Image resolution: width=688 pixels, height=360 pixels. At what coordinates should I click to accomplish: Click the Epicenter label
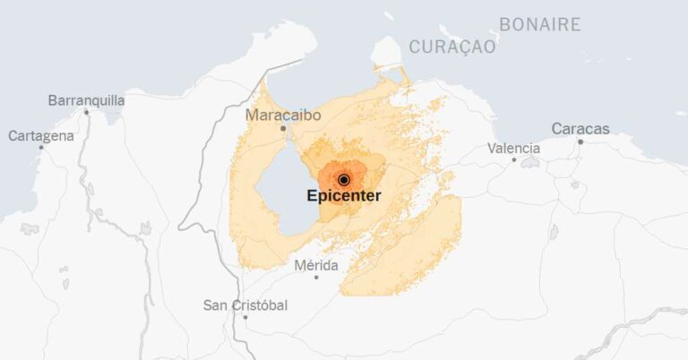344,196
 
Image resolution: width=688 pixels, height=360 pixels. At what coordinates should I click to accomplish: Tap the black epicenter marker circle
343,180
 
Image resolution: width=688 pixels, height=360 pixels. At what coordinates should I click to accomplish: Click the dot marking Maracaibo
283,128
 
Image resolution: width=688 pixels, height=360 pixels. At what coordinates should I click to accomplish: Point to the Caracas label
580,129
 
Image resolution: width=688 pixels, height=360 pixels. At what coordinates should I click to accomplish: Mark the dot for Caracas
580,141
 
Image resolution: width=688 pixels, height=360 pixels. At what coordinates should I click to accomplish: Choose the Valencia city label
513,148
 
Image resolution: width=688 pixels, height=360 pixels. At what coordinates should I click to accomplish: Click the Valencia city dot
513,160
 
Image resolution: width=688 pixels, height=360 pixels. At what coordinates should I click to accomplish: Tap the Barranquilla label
86,100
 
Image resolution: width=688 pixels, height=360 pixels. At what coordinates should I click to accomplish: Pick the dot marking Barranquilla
86,113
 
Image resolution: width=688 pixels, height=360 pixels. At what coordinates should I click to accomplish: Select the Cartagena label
41,136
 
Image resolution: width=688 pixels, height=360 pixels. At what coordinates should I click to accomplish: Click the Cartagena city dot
41,148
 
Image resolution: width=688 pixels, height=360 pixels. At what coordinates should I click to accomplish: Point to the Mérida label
316,266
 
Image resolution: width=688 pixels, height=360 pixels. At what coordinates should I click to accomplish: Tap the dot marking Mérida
316,278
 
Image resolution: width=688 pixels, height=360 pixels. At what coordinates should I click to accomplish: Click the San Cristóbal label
245,305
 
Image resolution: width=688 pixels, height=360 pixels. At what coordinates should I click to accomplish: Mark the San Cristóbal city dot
245,317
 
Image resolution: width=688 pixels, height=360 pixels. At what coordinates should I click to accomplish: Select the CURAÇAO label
451,47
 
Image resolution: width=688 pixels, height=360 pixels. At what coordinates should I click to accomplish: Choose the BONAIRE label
539,25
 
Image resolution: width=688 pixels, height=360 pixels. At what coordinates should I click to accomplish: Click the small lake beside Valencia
529,163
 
